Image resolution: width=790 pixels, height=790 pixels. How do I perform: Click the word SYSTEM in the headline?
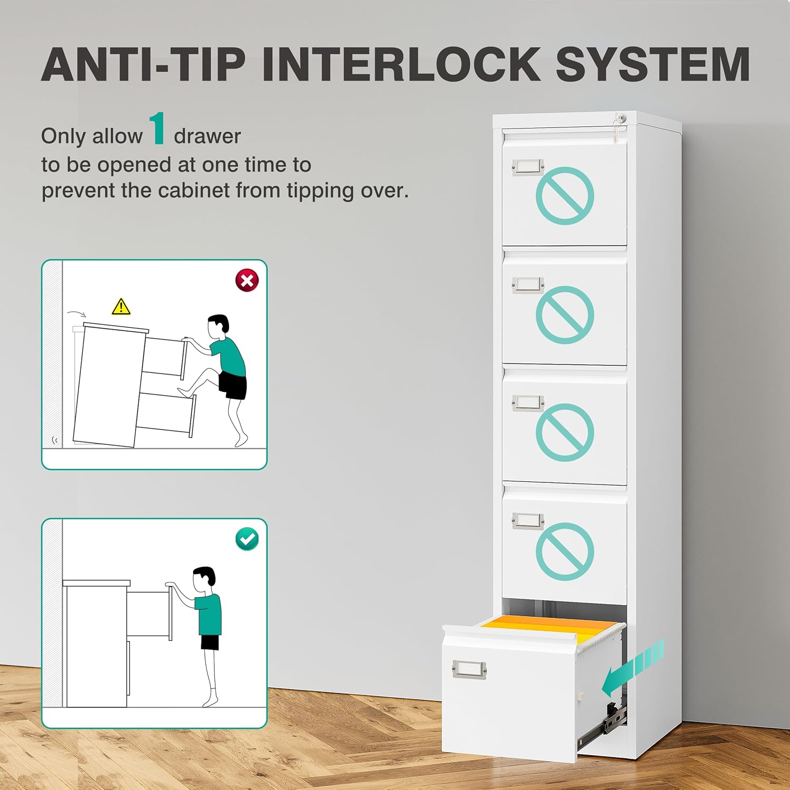pos(653,64)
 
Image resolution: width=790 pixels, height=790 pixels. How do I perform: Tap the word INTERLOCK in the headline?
pos(401,64)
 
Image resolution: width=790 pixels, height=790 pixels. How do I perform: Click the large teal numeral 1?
pos(157,128)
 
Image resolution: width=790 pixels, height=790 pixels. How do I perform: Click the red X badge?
pos(247,280)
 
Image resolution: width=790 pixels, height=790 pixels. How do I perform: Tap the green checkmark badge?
pos(247,539)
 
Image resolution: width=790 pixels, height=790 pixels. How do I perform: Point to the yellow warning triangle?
pos(121,306)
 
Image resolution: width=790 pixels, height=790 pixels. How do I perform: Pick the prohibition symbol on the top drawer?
pos(565,196)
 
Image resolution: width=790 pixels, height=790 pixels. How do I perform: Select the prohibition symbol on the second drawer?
pos(565,315)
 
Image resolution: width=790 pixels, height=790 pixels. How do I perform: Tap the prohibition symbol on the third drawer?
pos(565,432)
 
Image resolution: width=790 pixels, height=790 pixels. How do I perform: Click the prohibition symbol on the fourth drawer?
pos(565,551)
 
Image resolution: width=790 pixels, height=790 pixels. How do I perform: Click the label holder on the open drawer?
pos(469,669)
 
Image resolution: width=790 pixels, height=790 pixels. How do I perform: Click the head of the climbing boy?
pos(218,327)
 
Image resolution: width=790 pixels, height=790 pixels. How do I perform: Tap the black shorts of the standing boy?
pos(210,643)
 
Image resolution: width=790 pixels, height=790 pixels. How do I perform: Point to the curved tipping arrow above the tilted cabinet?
pos(77,313)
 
